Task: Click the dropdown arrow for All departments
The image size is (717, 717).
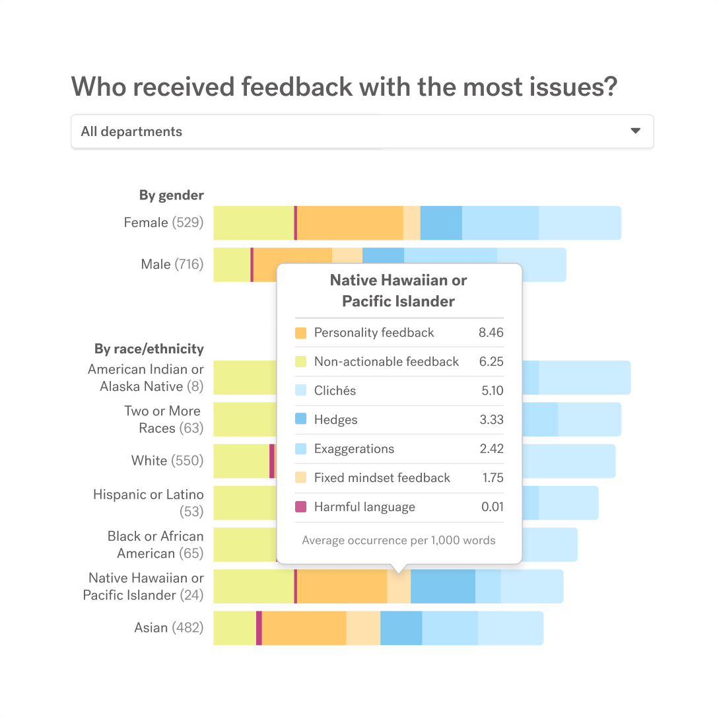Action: tap(635, 131)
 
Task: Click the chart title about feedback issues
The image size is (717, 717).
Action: tap(344, 86)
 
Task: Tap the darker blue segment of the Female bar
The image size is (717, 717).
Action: tap(440, 222)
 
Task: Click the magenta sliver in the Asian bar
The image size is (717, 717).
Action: tap(259, 628)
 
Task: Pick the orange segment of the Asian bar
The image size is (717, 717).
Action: tap(304, 628)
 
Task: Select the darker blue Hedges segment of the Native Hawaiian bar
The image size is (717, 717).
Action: tap(442, 586)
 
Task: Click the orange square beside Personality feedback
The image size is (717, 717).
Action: tap(301, 333)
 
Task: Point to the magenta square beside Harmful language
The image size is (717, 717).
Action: tap(301, 507)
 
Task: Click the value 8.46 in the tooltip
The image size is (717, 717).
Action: tap(491, 333)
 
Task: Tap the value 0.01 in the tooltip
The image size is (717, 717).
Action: tap(492, 507)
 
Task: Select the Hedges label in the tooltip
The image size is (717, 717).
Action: tap(335, 420)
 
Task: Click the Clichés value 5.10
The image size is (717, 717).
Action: tap(492, 391)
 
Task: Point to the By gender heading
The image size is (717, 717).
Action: tap(171, 195)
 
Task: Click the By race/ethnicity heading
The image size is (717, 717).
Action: tap(149, 349)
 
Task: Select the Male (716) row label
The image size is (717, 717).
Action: tap(172, 264)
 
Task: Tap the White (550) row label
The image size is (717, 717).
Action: tap(167, 461)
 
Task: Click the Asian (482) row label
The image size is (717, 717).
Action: tap(168, 628)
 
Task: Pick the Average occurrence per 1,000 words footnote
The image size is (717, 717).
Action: tap(398, 540)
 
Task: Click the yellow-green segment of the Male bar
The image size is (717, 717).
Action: tap(231, 264)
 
